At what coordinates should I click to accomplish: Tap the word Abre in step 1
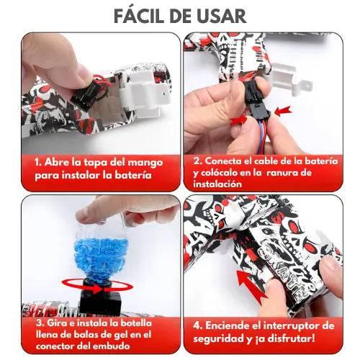tap(57, 162)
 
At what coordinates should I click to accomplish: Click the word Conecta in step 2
tap(222, 161)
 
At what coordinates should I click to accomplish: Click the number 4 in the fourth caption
tap(197, 326)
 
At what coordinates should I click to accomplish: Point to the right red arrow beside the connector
tap(283, 111)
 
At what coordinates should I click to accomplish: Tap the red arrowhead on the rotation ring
tap(99, 289)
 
